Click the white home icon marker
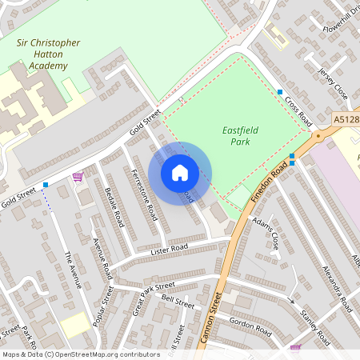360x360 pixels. [180, 172]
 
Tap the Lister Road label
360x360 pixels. [169, 250]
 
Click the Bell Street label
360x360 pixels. [178, 303]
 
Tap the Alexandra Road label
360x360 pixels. [336, 287]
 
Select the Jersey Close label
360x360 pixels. [334, 83]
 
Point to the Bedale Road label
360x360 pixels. [114, 206]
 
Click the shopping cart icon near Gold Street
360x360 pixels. [78, 177]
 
